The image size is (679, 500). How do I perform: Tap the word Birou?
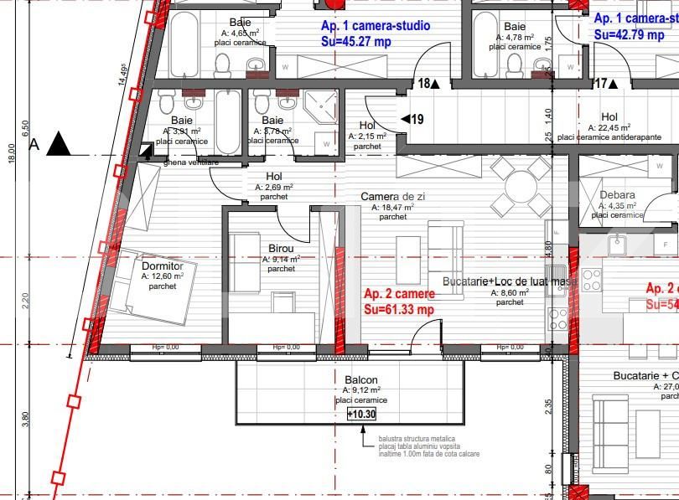(281, 249)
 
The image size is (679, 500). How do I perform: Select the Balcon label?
(360, 379)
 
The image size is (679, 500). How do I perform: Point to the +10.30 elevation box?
(362, 414)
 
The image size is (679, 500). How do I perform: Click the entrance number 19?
(417, 120)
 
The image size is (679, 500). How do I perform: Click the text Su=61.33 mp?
(399, 309)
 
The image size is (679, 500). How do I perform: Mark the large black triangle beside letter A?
(60, 144)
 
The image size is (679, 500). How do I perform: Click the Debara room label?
(617, 195)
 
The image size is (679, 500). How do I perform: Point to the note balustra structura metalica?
(417, 438)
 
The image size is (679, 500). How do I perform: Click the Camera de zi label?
(392, 196)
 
